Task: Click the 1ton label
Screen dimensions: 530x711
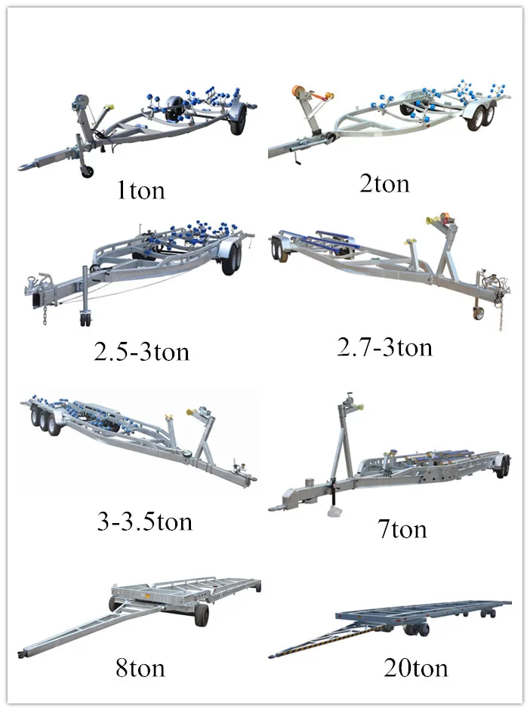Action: [x=140, y=190]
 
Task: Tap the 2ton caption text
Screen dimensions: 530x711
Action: [x=384, y=183]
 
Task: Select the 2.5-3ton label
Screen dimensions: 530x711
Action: [x=141, y=352]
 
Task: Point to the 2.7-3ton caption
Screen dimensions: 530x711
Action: [x=384, y=347]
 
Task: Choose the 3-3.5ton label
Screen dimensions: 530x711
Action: [x=145, y=522]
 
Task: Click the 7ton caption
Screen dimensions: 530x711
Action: [x=402, y=528]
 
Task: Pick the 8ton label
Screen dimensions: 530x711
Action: [x=140, y=667]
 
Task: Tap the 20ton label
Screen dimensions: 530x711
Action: [x=415, y=667]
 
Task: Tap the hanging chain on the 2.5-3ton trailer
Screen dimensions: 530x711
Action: [x=45, y=315]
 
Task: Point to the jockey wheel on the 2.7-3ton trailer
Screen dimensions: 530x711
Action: [x=477, y=313]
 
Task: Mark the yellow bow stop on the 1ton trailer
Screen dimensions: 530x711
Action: [x=108, y=107]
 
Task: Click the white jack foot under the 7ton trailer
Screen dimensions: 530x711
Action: [x=334, y=512]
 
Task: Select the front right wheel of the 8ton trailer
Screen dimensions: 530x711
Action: [x=202, y=614]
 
